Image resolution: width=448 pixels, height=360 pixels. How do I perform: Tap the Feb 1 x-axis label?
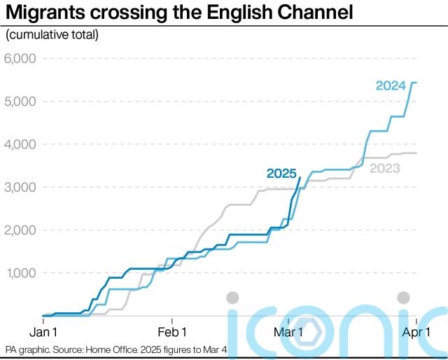pyautogui.click(x=171, y=331)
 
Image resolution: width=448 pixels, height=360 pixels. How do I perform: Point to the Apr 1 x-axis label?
pyautogui.click(x=415, y=331)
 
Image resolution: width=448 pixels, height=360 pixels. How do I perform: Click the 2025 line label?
pyautogui.click(x=281, y=174)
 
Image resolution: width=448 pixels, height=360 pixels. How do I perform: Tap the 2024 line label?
pyautogui.click(x=390, y=86)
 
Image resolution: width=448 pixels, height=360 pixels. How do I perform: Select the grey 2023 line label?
pyautogui.click(x=385, y=168)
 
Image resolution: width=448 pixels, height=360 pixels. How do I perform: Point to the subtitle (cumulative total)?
pyautogui.click(x=52, y=35)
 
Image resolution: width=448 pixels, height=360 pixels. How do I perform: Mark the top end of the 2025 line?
pyautogui.click(x=300, y=177)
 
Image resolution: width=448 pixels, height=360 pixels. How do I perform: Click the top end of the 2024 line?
pyautogui.click(x=416, y=83)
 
